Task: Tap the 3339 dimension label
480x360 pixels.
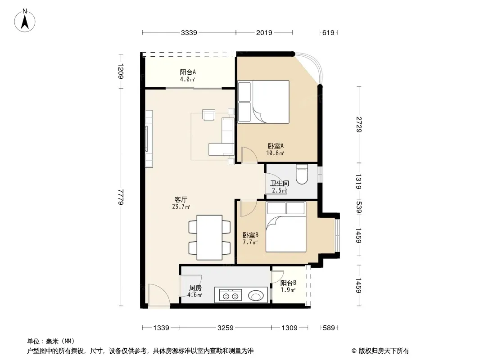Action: [x=189, y=33]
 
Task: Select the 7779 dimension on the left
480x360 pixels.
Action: [x=121, y=197]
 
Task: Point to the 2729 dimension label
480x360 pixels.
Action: [x=359, y=125]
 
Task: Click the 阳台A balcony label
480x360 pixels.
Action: [x=188, y=72]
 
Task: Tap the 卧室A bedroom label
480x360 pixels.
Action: [x=276, y=146]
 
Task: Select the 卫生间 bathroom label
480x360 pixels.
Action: [x=279, y=183]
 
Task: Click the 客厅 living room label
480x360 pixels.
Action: [x=181, y=200]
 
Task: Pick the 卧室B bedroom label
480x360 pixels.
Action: [x=250, y=235]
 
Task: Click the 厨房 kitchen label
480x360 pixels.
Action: [x=195, y=288]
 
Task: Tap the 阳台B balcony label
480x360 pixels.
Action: [x=288, y=283]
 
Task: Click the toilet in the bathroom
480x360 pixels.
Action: [x=302, y=175]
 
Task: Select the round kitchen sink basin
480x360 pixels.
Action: [x=256, y=296]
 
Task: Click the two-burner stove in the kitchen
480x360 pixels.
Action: [x=230, y=296]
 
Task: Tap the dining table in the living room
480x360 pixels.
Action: [x=209, y=238]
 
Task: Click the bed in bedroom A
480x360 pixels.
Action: [x=263, y=102]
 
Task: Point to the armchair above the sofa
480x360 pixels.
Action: [x=208, y=115]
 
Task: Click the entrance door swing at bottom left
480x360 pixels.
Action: [x=158, y=295]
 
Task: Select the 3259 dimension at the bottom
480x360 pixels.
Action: [x=225, y=328]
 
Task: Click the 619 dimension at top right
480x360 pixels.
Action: [x=328, y=33]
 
